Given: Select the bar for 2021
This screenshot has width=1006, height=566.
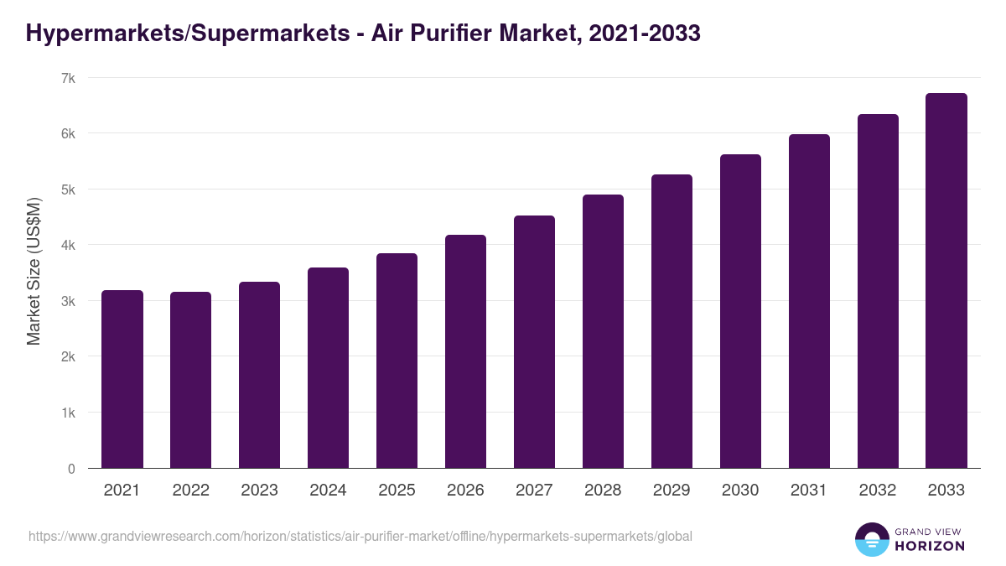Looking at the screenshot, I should (x=122, y=379).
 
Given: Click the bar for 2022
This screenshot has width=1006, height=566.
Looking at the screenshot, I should (x=191, y=380).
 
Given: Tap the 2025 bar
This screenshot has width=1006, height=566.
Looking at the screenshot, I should (x=397, y=361).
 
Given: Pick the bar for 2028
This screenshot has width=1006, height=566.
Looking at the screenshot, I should (x=603, y=331).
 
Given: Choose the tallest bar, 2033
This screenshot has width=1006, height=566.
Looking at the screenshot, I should (x=946, y=281).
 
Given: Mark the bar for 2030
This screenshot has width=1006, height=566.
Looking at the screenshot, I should (x=740, y=311).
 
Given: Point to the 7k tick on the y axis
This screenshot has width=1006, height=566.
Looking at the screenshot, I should (x=68, y=78).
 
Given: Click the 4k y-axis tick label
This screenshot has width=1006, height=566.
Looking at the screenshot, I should (x=68, y=246).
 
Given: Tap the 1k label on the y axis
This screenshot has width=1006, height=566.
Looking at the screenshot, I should (x=68, y=413).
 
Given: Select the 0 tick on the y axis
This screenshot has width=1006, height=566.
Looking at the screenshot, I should (x=71, y=469).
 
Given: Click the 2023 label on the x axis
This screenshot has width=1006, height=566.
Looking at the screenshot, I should (x=259, y=491).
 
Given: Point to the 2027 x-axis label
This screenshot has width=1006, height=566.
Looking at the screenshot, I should (x=534, y=491).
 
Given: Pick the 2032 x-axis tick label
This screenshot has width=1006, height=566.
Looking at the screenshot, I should (x=878, y=491).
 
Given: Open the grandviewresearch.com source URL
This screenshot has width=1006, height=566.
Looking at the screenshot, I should (x=360, y=536).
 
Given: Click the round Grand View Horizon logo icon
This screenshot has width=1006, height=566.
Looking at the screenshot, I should (x=871, y=539).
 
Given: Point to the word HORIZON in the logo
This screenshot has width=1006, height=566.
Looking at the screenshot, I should (x=930, y=546).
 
